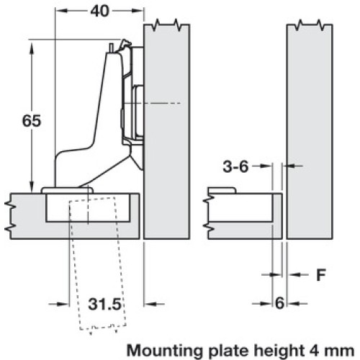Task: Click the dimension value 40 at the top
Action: [x=99, y=11]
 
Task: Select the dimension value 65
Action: [x=32, y=121]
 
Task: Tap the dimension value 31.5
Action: [x=104, y=304]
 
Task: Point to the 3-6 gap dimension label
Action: [x=235, y=166]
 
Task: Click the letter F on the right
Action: [x=321, y=275]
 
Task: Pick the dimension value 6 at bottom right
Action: [x=279, y=303]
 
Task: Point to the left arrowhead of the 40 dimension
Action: [x=62, y=11]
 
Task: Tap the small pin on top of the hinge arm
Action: [x=111, y=48]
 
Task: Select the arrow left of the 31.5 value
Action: [x=59, y=304]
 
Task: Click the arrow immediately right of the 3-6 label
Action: [x=263, y=166]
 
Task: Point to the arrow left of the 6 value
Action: [x=262, y=303]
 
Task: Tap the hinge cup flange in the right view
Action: [x=222, y=190]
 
